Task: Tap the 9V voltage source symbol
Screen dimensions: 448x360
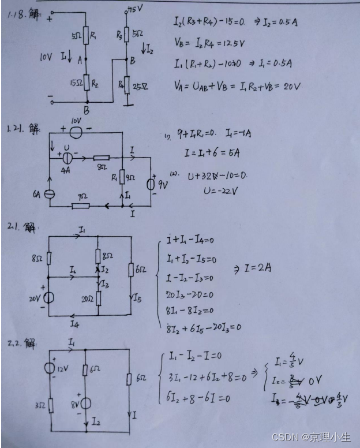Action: click(151, 185)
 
